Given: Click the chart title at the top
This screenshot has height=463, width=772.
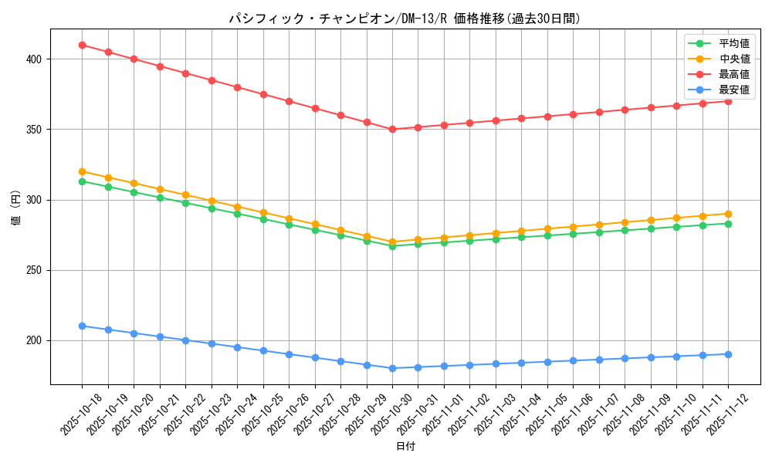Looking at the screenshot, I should [405, 19].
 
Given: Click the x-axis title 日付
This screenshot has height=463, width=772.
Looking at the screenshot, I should [405, 447].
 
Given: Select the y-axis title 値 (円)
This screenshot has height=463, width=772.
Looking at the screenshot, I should [16, 209].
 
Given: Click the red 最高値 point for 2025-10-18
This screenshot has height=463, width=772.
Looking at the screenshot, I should [82, 45].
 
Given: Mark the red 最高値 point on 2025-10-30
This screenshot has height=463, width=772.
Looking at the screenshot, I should [392, 130].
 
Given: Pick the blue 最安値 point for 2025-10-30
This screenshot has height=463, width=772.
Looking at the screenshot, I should [392, 368].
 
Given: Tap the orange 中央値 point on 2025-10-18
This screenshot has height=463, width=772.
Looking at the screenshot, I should [82, 171].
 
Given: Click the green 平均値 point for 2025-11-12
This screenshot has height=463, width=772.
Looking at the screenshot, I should [728, 224].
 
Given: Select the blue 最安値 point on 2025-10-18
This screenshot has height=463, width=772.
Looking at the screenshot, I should [82, 326].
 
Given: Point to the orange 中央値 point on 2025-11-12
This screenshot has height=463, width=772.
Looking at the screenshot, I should [728, 214].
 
